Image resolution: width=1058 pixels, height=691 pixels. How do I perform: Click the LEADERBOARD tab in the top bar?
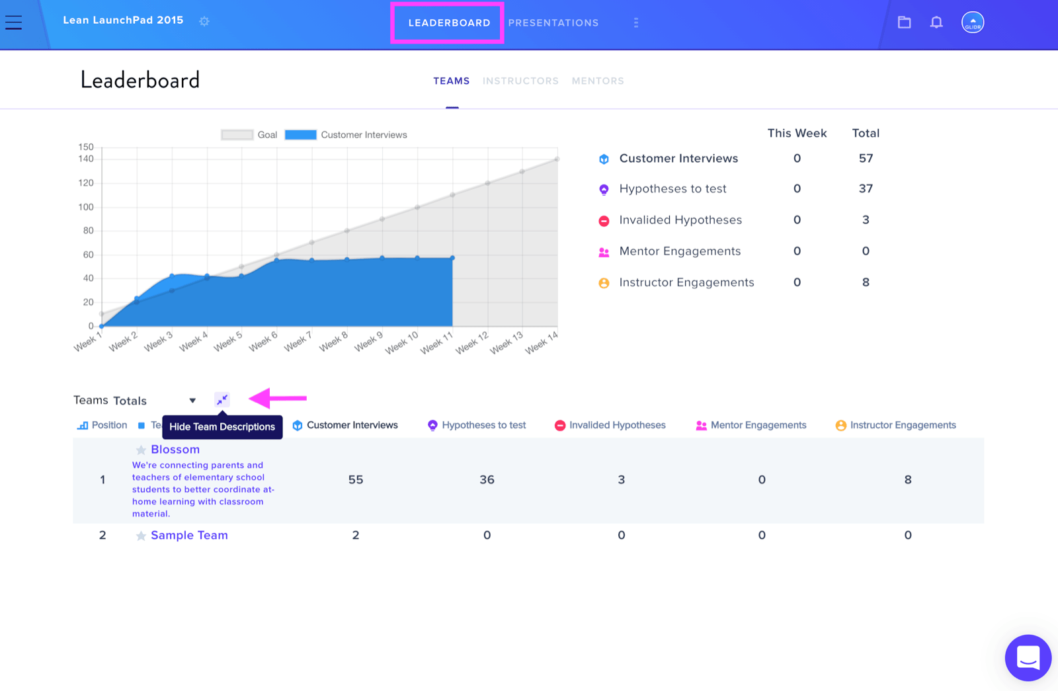point(449,22)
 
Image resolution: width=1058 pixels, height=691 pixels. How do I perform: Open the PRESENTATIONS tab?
point(553,22)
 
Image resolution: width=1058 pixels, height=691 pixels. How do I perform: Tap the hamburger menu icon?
point(14,22)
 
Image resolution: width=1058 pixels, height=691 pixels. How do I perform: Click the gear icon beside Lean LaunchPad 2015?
point(204,21)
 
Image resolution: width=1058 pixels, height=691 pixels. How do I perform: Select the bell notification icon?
point(936,22)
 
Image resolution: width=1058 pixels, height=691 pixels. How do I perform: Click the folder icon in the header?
point(904,22)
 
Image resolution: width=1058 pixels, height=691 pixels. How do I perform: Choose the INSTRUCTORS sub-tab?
point(520,81)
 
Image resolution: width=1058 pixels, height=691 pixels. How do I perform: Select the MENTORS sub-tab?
point(598,81)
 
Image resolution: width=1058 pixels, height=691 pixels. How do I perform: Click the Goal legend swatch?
point(237,135)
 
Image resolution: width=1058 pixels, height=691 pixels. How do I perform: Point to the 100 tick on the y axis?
point(86,207)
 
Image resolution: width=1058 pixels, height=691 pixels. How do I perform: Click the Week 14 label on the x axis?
point(542,342)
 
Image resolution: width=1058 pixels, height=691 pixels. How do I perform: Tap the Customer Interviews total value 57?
point(866,158)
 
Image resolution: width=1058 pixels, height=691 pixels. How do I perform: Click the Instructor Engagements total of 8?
point(866,282)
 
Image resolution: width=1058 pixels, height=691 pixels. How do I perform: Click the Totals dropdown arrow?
point(192,401)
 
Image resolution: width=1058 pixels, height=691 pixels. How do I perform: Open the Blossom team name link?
point(175,449)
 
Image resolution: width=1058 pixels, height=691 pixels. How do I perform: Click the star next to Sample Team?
point(141,536)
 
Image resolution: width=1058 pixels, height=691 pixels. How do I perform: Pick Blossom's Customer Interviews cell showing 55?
point(356,479)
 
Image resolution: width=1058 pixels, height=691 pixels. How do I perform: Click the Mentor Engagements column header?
point(751,425)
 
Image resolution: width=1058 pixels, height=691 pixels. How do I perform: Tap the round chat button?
point(1028,657)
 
